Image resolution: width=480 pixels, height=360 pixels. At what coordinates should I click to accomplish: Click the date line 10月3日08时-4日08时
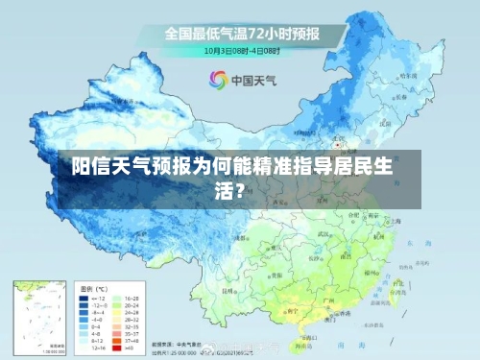(x=241, y=50)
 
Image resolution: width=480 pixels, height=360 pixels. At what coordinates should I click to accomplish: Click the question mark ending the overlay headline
(x=252, y=189)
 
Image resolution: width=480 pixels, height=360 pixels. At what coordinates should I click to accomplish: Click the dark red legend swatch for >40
(x=118, y=348)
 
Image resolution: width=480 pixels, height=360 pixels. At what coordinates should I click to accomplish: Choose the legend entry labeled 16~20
(x=132, y=298)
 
